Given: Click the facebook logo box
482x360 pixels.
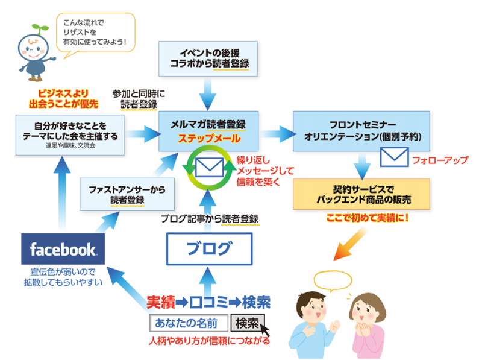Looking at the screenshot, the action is [x=63, y=248].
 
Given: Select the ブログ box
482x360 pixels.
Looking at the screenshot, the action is [x=209, y=248].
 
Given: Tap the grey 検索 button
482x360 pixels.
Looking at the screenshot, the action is [x=248, y=323].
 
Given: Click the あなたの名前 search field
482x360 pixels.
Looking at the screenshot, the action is [x=189, y=323].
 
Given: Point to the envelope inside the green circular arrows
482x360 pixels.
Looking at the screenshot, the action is [x=209, y=168].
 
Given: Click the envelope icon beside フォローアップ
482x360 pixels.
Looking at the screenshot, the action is [x=395, y=157].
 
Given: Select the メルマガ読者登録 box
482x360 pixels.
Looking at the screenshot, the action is [x=208, y=131].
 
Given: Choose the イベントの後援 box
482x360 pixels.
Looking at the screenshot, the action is [x=208, y=58].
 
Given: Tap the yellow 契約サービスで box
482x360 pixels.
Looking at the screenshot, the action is [x=361, y=194].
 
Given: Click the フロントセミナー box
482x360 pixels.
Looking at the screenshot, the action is [x=361, y=131].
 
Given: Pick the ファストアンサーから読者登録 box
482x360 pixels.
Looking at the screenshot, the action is [x=127, y=194].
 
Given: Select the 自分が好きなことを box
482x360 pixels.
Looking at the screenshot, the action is [x=70, y=135].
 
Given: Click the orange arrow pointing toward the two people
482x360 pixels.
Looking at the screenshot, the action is [x=351, y=244].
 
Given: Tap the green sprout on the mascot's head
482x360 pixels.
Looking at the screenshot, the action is [x=40, y=29].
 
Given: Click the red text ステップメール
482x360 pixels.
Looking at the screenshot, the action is [x=209, y=139].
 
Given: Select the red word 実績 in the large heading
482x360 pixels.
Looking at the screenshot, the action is [x=160, y=303].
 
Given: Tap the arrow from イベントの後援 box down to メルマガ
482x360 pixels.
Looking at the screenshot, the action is [x=208, y=93].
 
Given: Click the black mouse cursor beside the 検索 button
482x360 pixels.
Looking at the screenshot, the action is [x=264, y=330].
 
